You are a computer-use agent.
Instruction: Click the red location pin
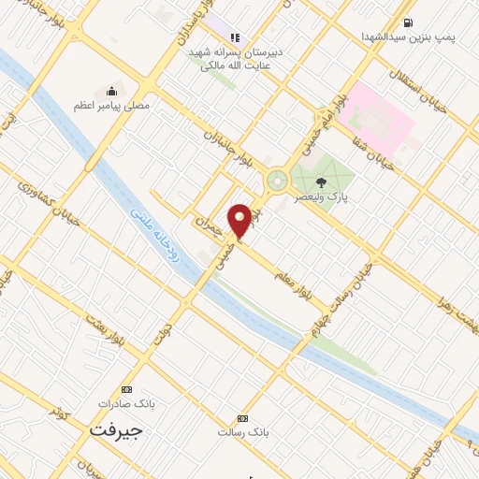(x=240, y=219)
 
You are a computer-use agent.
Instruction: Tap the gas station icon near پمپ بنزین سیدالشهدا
(x=408, y=22)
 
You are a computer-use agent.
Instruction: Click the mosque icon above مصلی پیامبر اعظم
(x=111, y=91)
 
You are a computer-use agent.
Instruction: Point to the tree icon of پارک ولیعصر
(x=322, y=183)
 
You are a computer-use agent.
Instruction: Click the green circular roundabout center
(x=277, y=181)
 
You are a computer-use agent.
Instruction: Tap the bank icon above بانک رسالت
(x=243, y=418)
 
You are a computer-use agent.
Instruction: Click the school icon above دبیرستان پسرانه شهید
(x=235, y=38)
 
